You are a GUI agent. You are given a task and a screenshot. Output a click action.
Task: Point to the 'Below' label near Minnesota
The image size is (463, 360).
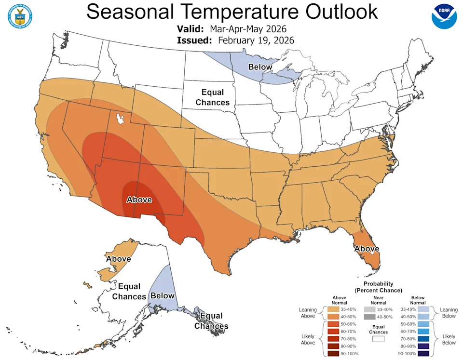257,67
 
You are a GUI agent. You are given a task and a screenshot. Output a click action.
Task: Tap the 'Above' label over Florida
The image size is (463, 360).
367,249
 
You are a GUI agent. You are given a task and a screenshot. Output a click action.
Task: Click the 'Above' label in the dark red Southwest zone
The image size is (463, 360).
139,200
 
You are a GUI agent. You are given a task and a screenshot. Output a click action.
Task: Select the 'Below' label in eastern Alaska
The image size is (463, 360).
162,295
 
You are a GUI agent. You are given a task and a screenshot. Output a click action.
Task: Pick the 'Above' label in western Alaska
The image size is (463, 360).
118,259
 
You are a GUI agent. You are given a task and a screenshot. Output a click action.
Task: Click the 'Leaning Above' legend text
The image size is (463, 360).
307,313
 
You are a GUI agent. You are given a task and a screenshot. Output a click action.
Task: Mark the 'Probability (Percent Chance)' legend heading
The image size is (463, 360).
378,287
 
